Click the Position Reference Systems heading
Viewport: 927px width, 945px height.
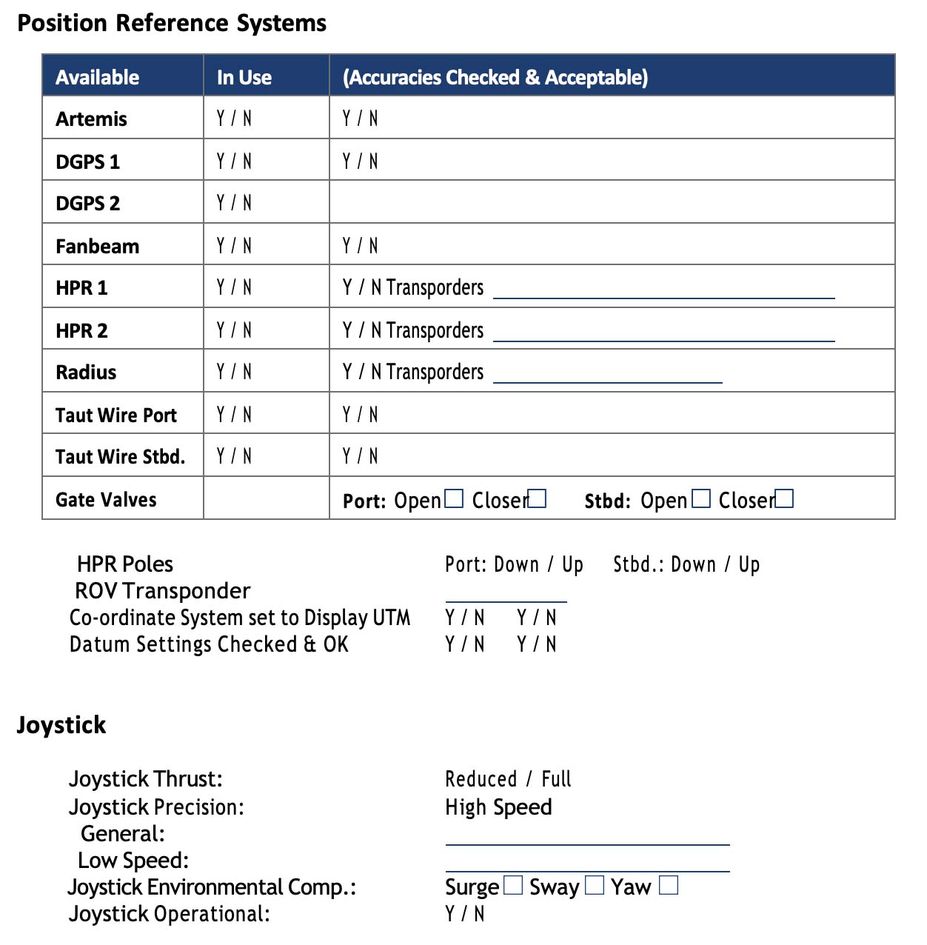tap(172, 23)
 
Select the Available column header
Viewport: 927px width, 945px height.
tap(97, 77)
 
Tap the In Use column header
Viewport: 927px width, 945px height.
tap(244, 77)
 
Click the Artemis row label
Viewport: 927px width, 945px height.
tap(91, 118)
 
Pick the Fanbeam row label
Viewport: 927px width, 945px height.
tap(97, 246)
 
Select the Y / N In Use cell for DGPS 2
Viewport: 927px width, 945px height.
tap(234, 203)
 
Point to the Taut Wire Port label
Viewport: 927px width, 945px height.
tap(116, 415)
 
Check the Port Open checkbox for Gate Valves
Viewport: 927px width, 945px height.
tap(454, 499)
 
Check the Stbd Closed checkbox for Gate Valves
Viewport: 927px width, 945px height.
tap(784, 499)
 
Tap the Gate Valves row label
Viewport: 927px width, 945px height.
tap(106, 500)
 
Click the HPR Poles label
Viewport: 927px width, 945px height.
tap(125, 564)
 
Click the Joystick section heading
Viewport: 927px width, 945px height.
tap(61, 724)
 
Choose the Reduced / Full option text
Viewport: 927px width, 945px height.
tap(508, 779)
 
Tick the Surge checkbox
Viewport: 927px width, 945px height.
tap(513, 885)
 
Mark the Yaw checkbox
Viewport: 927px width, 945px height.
tap(669, 885)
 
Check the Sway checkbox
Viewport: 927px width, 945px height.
tap(595, 885)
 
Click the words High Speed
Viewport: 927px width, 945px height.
tap(498, 807)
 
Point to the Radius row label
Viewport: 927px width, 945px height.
tap(86, 372)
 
